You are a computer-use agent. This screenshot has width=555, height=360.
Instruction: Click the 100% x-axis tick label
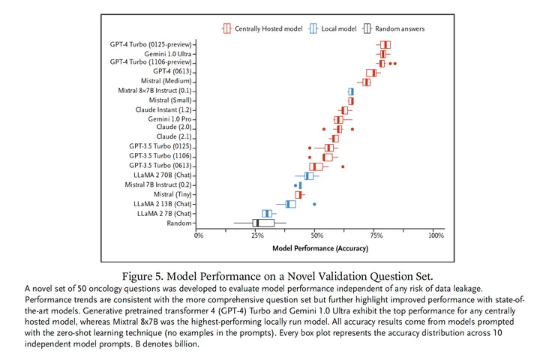[x=435, y=235]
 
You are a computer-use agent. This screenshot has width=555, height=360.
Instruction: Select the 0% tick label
[x=199, y=235]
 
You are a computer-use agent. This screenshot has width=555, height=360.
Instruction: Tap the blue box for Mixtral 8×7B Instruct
[x=350, y=91]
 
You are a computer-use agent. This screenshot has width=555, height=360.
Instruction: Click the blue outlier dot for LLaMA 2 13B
[x=314, y=204]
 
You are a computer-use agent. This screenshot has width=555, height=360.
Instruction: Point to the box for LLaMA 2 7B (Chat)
[x=266, y=214]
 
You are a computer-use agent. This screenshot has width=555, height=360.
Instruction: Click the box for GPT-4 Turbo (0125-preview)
[x=385, y=45]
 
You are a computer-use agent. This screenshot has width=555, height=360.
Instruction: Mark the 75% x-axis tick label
[x=376, y=235]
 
